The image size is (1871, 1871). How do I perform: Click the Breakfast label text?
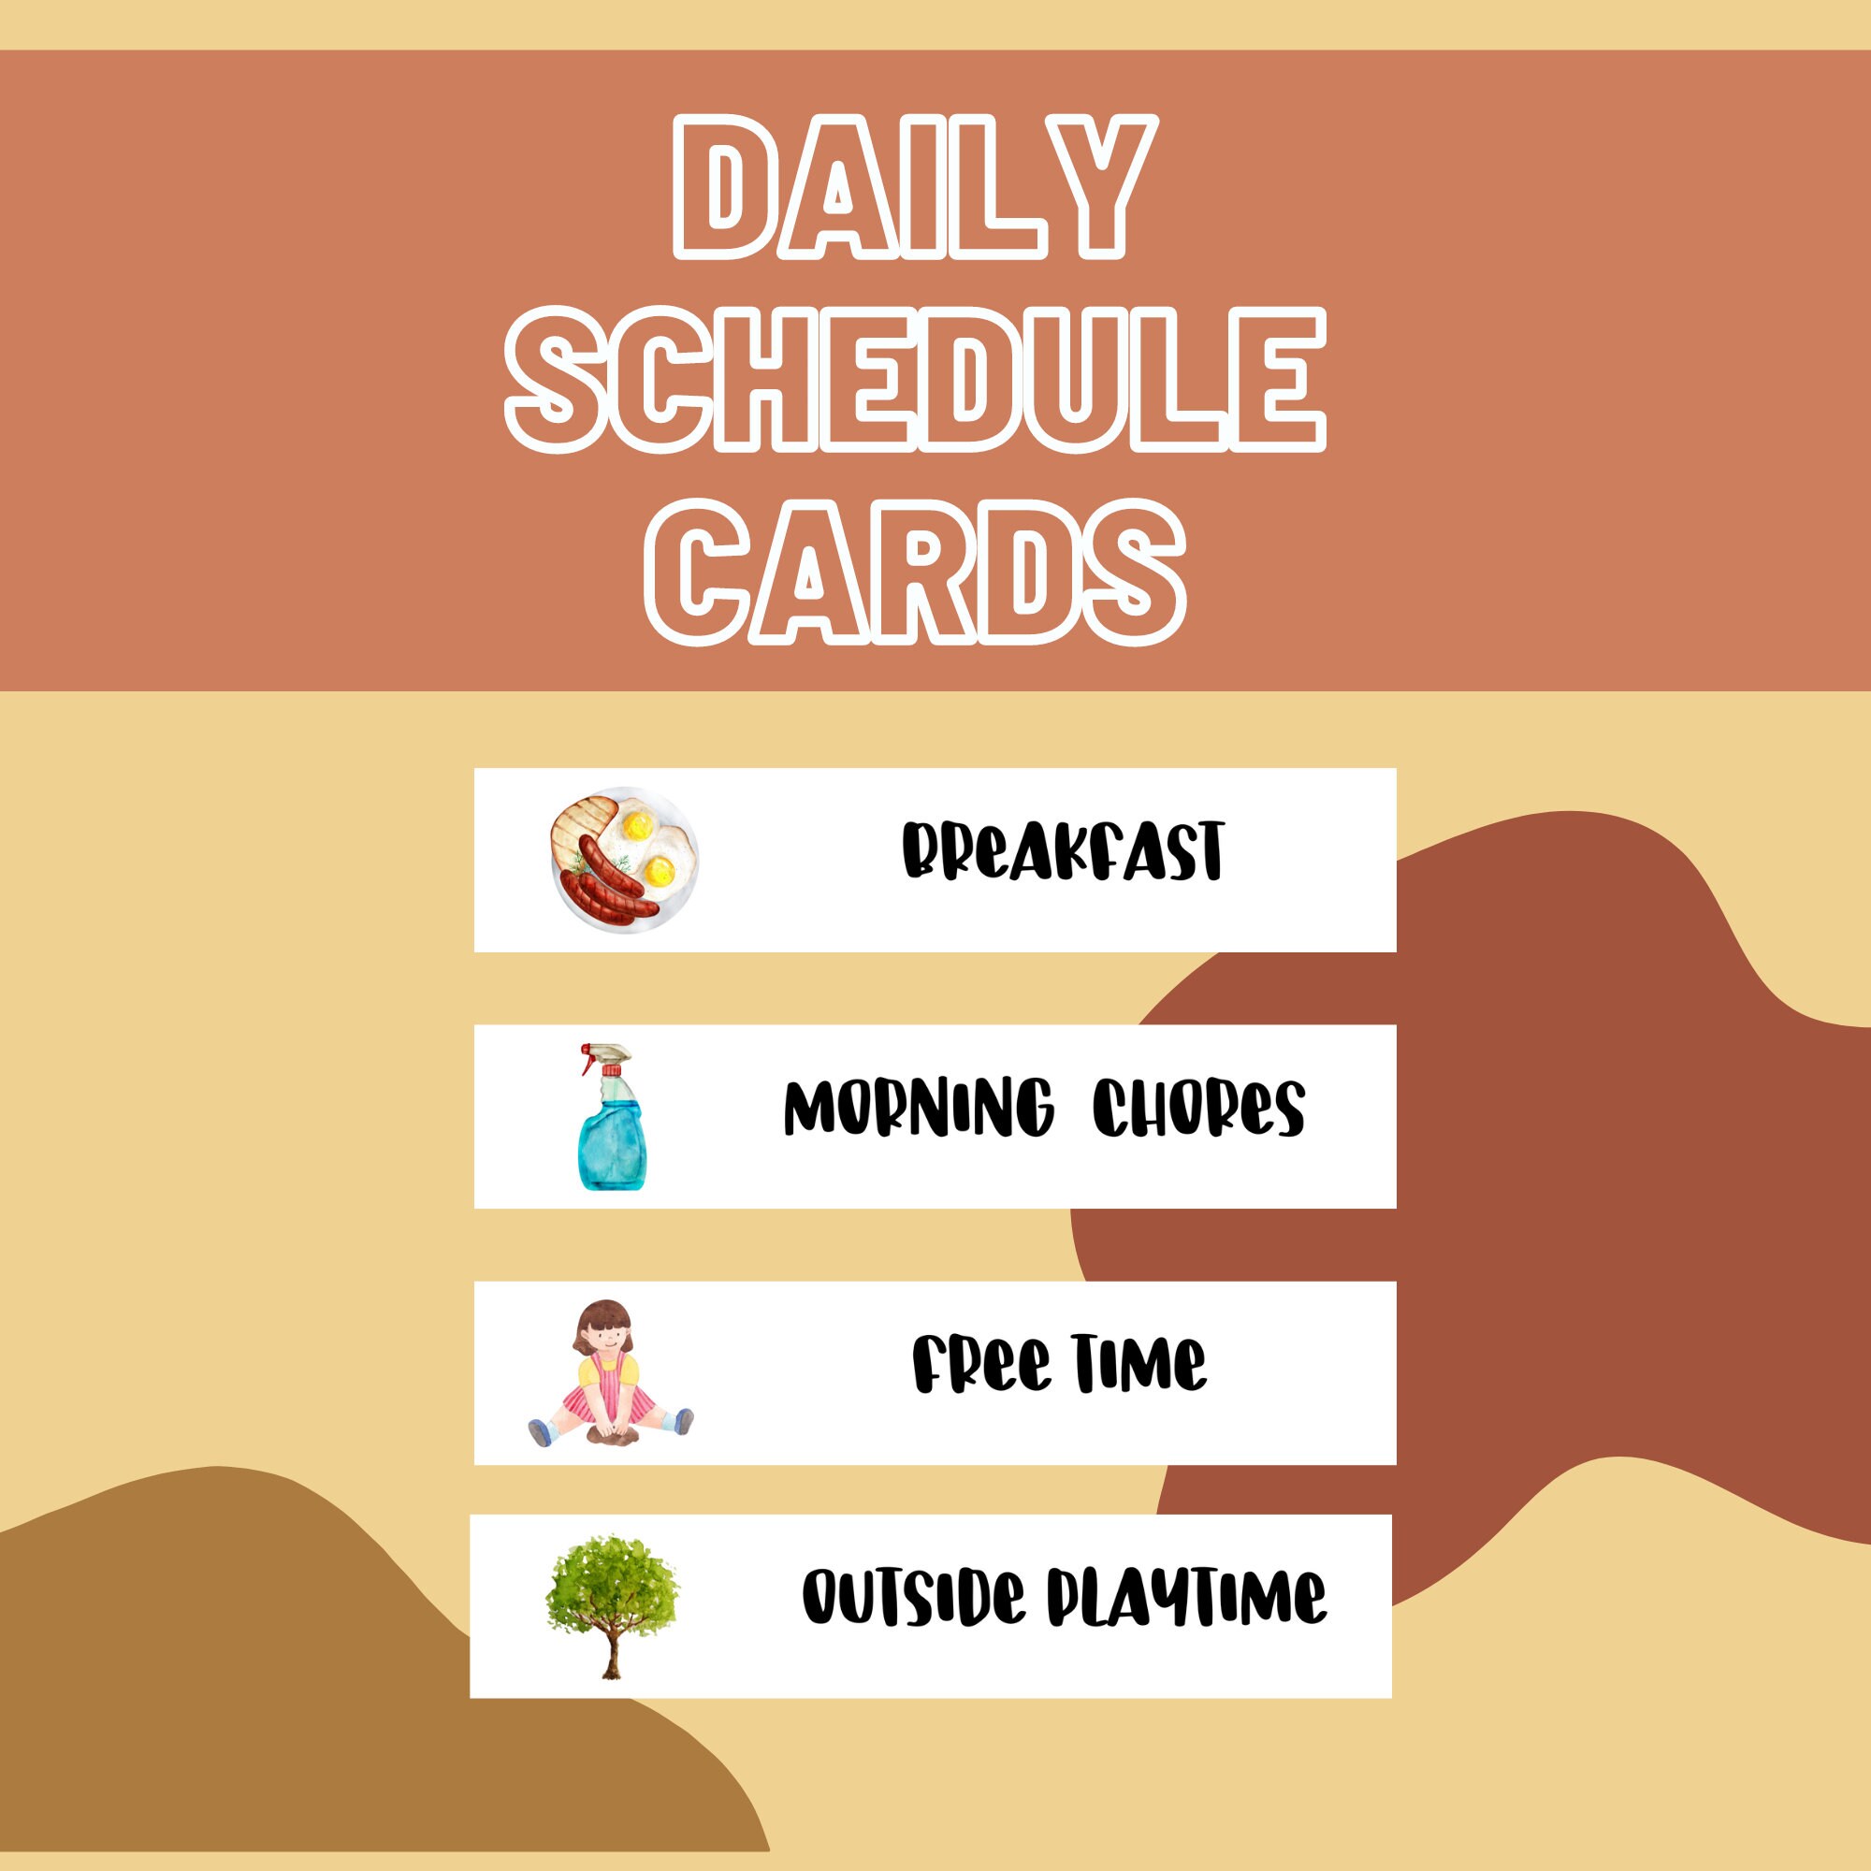(1063, 851)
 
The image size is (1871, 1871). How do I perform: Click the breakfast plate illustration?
(624, 860)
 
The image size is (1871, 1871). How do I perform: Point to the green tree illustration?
(612, 1588)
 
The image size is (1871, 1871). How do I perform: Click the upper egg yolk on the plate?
(636, 826)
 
